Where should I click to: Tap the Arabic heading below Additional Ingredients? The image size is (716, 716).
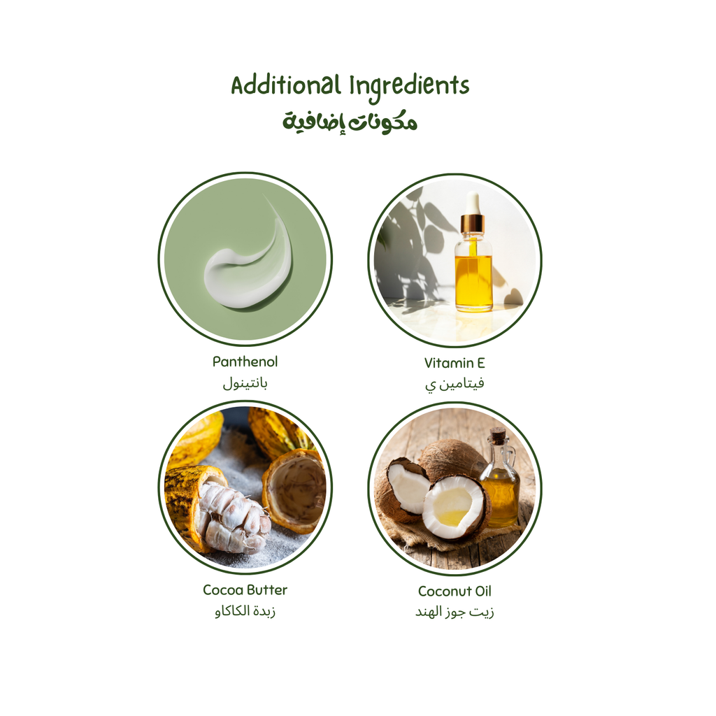(x=350, y=122)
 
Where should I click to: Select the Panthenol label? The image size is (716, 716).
(x=245, y=361)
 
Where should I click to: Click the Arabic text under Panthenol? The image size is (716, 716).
(x=245, y=383)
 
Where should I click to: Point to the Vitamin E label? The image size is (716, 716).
(x=454, y=363)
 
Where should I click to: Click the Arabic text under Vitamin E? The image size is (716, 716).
(x=454, y=384)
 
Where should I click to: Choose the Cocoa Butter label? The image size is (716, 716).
(x=245, y=589)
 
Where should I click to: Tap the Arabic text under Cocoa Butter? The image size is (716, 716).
(x=245, y=612)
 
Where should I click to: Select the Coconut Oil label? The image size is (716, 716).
(x=454, y=591)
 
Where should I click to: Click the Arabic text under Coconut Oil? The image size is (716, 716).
(x=454, y=613)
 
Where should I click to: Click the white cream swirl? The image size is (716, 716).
(x=245, y=273)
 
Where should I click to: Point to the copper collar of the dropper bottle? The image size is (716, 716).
(x=473, y=224)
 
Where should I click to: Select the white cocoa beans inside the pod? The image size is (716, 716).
(x=231, y=517)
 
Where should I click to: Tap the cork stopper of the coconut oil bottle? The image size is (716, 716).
(x=497, y=436)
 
